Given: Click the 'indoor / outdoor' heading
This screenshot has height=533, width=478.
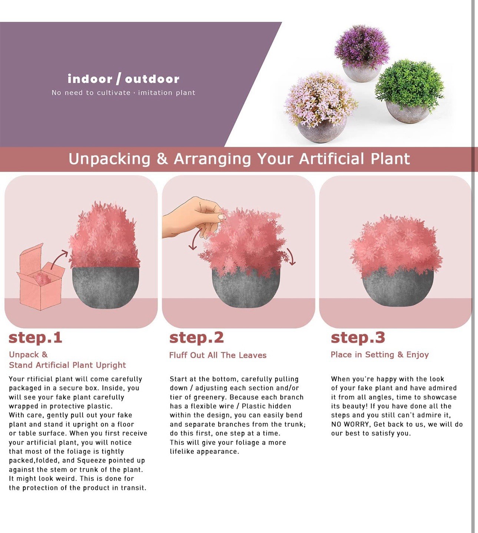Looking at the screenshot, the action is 123,79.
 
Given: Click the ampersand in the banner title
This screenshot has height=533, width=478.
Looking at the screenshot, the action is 162,159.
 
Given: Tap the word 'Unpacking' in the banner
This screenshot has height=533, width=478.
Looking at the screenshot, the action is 109,159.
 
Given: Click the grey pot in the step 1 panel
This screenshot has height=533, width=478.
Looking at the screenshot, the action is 105,288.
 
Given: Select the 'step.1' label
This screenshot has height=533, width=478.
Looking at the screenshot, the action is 36,338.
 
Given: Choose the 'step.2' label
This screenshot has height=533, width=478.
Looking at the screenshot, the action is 196,338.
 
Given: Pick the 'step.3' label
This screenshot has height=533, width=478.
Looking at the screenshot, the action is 358,338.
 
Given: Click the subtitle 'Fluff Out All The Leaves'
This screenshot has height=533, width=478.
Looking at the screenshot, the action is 218,355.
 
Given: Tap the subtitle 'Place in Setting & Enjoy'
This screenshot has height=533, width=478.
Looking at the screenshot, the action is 380,355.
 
